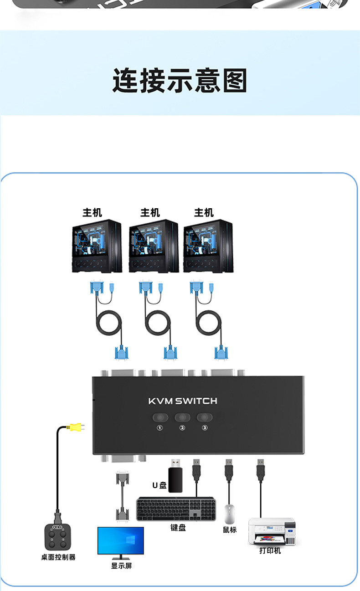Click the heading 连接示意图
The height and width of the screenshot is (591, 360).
180,81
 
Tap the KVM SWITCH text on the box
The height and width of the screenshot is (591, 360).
183,401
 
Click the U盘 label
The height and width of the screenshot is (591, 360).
159,485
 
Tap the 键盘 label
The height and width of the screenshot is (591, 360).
178,528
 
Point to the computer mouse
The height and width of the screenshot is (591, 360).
230,514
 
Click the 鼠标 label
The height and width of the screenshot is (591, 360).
230,529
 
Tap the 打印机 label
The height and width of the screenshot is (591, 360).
270,550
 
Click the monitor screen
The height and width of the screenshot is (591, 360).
121,540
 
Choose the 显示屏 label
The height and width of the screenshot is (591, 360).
121,566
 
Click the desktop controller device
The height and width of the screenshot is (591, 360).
57,538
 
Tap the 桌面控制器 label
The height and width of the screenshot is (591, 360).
58,557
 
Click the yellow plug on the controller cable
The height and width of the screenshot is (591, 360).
72,427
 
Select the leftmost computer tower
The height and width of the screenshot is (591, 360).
97,246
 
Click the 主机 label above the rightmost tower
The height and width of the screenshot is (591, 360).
204,213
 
